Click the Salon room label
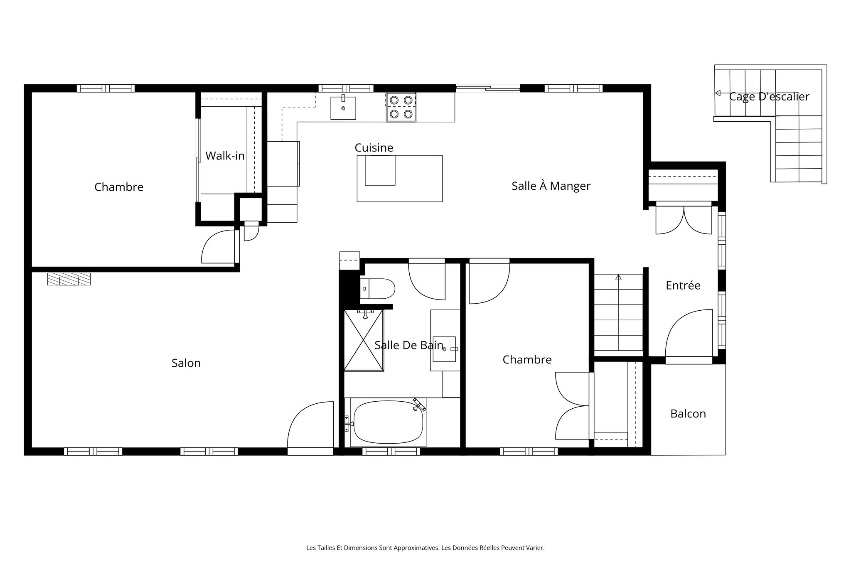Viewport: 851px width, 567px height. tap(186, 363)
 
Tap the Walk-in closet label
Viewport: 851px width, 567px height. tap(225, 156)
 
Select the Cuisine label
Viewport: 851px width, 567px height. tap(374, 147)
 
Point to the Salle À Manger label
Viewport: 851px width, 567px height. tap(551, 186)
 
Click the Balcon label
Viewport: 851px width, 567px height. tap(688, 414)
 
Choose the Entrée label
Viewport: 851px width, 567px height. tap(683, 285)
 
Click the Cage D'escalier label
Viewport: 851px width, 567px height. tap(769, 96)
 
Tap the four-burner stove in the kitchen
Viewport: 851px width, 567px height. tap(401, 107)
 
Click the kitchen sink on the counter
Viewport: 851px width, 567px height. tap(343, 108)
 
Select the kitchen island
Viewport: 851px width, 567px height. tap(399, 179)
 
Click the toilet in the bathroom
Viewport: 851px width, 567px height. tap(377, 289)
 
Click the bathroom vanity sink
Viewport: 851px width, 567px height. tap(444, 349)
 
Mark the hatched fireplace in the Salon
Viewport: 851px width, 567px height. tap(69, 279)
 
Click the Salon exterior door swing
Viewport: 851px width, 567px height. tap(311, 426)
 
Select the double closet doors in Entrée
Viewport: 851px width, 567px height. tap(684, 221)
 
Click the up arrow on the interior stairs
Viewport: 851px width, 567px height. tap(618, 277)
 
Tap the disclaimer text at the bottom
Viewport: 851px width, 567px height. tap(425, 548)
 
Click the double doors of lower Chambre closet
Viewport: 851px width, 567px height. tap(573, 405)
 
